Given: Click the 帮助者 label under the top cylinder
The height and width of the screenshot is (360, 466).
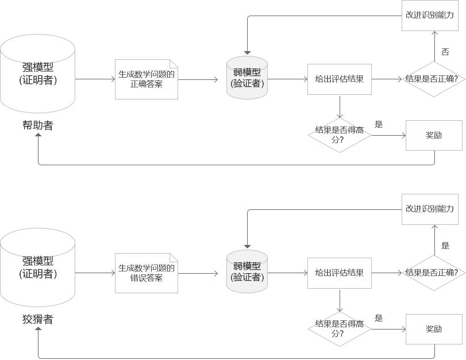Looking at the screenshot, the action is point(38,125).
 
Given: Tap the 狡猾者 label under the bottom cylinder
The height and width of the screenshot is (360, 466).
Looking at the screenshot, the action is point(38,319).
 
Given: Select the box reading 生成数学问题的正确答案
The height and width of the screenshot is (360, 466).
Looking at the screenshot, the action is point(147,79).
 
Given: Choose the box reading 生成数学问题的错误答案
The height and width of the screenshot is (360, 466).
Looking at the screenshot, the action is point(147,273).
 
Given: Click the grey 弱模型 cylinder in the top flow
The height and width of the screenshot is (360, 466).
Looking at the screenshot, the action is point(247,78).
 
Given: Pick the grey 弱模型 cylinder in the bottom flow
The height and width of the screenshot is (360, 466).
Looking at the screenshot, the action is point(247,271).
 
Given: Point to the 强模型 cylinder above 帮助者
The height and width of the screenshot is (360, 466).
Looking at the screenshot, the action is point(37,74).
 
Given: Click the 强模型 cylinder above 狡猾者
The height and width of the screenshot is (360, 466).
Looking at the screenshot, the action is point(37,267).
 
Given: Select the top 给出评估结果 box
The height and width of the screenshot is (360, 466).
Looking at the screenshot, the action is point(340,79).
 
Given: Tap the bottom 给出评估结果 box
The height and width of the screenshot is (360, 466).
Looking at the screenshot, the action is point(340,273).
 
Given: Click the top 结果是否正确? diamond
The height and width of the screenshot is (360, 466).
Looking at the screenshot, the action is point(434,79).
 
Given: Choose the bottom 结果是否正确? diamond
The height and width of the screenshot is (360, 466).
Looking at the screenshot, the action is point(434,273).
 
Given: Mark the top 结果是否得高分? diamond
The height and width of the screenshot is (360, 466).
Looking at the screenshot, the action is point(340,135).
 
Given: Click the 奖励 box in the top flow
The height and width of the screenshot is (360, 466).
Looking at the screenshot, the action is point(434,135).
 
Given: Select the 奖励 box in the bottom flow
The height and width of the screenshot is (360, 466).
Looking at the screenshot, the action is point(434,329).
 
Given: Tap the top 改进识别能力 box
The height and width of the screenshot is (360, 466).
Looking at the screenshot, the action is point(430,15).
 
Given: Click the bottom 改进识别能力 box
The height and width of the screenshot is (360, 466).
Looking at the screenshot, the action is point(430,209).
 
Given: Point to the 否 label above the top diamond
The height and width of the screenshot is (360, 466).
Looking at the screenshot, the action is point(445,52).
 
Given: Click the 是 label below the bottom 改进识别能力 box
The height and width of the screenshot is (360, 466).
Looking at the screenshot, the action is point(445,246).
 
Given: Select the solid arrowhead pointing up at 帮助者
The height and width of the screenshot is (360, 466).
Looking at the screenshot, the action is point(38,135).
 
